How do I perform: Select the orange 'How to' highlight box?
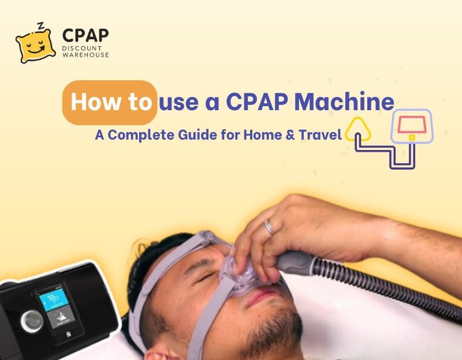pos(110,103)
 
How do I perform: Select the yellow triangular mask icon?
pos(358,129)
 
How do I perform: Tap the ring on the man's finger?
pos(269,227)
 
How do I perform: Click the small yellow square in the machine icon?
pos(412,137)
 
